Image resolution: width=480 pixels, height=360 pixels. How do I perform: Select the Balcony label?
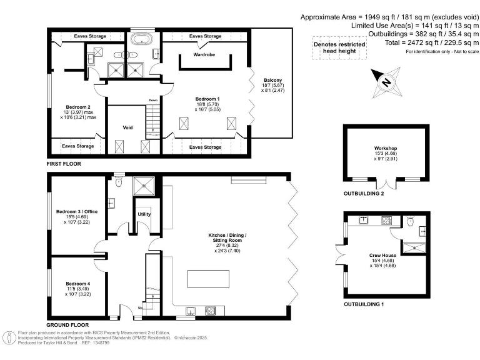[x=272, y=80]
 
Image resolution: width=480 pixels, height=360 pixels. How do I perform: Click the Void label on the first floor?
[x=127, y=127]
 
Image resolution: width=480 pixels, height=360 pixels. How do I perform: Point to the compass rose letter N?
[x=386, y=82]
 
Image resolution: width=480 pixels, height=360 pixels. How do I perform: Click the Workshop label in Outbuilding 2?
[x=386, y=149]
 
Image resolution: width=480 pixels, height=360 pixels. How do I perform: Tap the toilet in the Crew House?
[x=409, y=221]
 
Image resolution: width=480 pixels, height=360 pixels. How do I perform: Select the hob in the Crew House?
[x=386, y=219]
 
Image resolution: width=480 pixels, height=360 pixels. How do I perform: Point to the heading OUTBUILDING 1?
[x=364, y=304]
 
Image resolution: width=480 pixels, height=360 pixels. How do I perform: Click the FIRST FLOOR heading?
[x=64, y=164]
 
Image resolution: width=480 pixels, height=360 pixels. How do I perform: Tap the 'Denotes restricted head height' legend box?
[x=336, y=47]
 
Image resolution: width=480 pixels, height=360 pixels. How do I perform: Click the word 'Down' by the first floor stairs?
[x=153, y=100]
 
